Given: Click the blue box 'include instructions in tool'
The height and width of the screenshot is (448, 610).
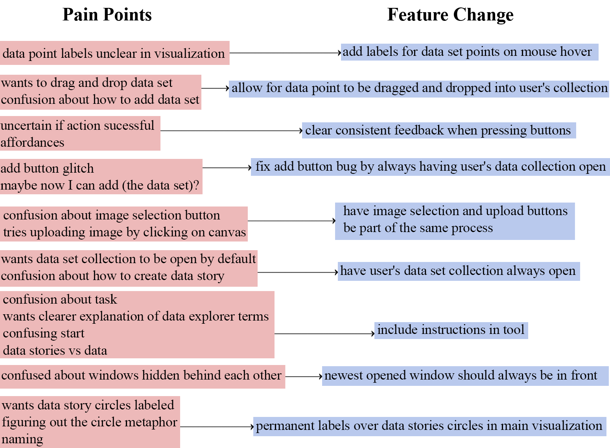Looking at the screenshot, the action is coord(451,330).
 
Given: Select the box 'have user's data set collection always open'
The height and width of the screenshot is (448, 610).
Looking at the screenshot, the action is coord(458,271).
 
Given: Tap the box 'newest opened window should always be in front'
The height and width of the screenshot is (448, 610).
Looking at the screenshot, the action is coord(465,376).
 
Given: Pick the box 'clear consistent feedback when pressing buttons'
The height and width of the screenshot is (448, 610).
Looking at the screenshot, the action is coord(438,130).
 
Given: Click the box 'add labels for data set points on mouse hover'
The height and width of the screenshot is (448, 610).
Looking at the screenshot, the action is coord(469,52).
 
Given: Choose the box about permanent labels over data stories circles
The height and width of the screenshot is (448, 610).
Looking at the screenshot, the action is coord(429,426).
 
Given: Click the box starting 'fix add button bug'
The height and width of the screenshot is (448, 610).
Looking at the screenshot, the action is coord(430,167).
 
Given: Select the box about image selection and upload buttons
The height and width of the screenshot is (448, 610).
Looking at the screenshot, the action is coord(455,221).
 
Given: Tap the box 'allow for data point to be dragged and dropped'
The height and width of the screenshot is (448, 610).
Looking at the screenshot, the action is coord(419,88).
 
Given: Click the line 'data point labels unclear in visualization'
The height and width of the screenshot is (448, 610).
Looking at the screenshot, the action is coord(113,53).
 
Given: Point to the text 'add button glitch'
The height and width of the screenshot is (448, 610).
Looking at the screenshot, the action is coord(47,168).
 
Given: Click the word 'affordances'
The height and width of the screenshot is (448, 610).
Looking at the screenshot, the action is coord(32,142).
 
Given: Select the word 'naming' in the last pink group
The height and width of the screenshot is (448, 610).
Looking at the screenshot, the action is coord(22,439).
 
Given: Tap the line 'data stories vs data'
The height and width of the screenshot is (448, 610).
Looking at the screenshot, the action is coord(55,350).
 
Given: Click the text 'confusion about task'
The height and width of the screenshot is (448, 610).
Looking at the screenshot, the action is coord(60,299).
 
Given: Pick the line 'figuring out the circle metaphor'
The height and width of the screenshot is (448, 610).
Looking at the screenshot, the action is coord(89,422).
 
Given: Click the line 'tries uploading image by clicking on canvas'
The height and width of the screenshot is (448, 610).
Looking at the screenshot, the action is coord(124,232).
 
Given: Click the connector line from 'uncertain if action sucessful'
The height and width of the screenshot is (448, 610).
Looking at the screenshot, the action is coord(230,130).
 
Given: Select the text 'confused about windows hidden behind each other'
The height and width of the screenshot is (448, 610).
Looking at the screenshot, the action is coord(142,376).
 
